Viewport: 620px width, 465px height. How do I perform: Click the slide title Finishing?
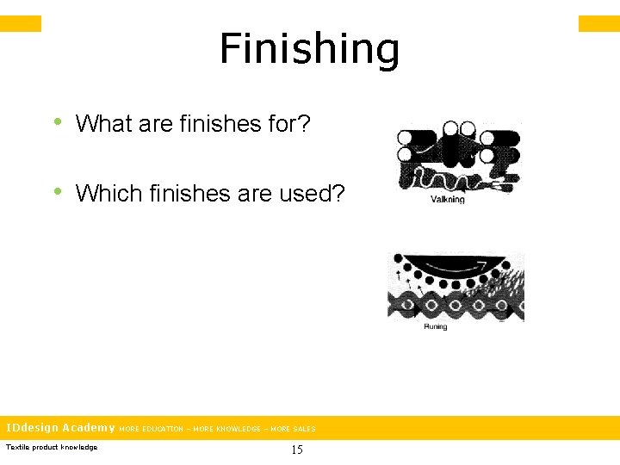point(309,49)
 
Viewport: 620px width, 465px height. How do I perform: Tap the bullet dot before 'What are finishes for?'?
point(58,121)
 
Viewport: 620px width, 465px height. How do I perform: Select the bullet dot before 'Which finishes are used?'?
point(58,190)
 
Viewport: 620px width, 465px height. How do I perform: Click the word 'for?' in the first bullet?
point(288,124)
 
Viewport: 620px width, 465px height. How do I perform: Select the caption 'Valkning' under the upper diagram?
point(447,199)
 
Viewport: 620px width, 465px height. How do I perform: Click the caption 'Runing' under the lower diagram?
point(436,327)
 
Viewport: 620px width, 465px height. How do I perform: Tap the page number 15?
point(296,449)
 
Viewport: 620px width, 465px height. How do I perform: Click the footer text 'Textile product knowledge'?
point(52,447)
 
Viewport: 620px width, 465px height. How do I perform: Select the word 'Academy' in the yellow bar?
point(88,427)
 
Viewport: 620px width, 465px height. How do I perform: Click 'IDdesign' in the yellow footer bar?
point(32,427)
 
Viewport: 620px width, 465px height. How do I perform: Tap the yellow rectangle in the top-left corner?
point(21,23)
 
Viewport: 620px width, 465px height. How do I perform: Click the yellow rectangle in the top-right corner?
point(598,23)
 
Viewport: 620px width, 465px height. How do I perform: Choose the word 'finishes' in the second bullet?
point(189,193)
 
